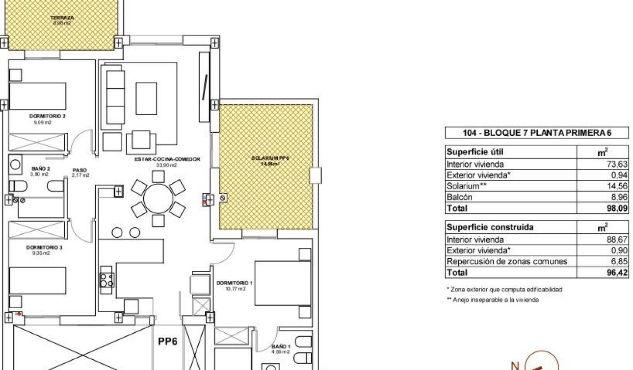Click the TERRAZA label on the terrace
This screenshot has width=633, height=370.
coord(62,18)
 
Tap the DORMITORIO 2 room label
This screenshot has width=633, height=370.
coord(48,116)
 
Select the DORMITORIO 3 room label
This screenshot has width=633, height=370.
coord(44,247)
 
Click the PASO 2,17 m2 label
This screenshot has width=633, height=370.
coord(80,173)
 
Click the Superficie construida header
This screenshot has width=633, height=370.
coord(483,227)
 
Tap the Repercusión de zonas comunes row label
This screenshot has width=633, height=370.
coord(506,261)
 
